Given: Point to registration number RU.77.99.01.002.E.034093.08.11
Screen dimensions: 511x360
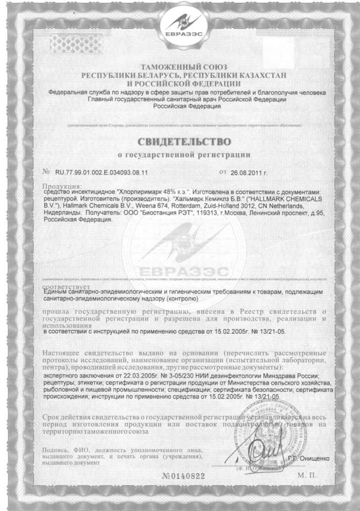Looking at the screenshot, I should (x=98, y=173).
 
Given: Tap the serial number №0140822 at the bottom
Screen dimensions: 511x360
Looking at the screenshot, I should (x=183, y=476).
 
